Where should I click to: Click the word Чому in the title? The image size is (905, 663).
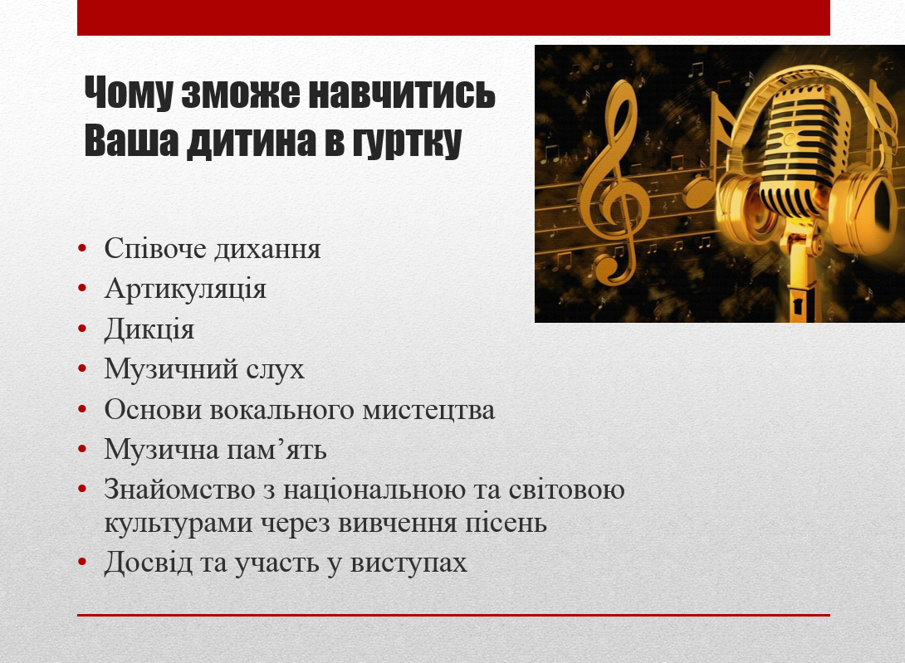click(128, 92)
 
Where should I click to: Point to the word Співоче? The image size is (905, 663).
click(155, 248)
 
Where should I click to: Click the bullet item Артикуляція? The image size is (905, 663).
click(185, 288)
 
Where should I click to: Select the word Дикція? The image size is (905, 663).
click(149, 329)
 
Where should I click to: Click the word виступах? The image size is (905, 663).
click(408, 563)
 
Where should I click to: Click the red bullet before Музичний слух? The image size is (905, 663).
click(82, 369)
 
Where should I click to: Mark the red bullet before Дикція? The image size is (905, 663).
click(82, 329)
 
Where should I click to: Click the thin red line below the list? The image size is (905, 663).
click(453, 615)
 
